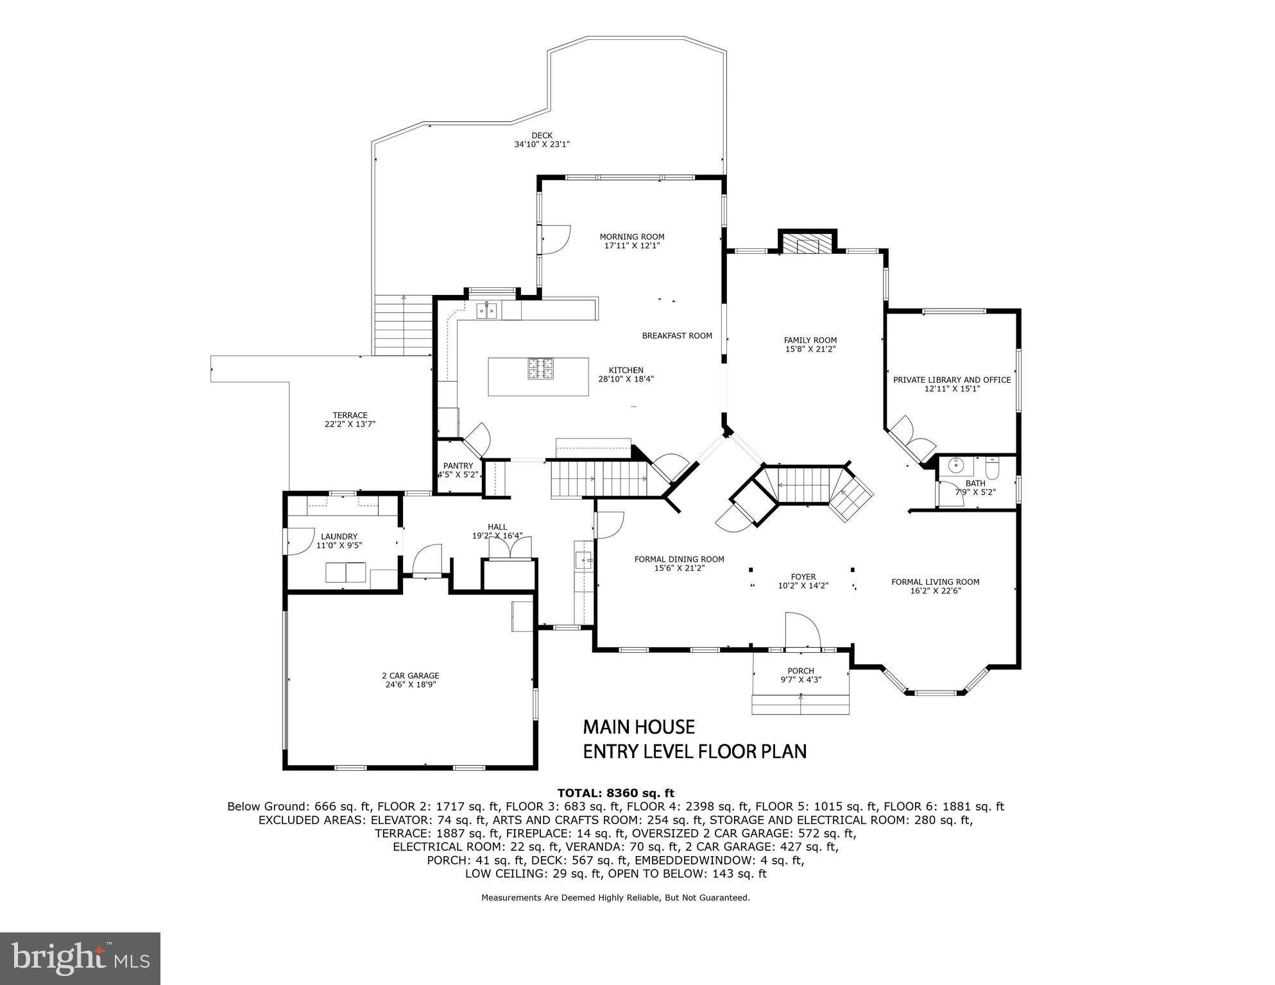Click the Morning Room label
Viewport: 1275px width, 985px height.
[631, 237]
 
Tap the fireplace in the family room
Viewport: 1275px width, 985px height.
[807, 244]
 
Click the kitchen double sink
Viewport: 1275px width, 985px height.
[487, 311]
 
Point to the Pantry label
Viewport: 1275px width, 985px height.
[458, 466]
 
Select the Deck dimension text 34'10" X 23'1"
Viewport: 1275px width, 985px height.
[542, 144]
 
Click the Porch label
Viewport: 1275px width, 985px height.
[800, 671]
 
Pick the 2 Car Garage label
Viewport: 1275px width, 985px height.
[410, 675]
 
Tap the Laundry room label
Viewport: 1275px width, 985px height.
[339, 536]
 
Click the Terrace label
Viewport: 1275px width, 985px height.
[350, 415]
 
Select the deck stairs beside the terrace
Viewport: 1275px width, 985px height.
[403, 324]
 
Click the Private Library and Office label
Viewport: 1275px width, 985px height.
[952, 380]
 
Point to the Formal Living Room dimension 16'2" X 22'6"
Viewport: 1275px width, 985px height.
[935, 591]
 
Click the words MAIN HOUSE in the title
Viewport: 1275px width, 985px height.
[638, 727]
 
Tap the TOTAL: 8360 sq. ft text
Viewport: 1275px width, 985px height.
[615, 793]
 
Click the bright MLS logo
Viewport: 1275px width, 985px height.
[80, 958]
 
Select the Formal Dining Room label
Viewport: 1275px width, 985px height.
[679, 559]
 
